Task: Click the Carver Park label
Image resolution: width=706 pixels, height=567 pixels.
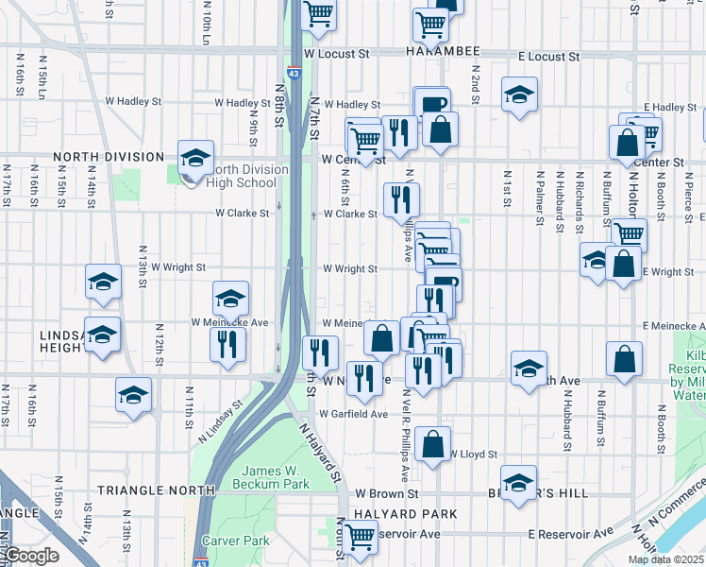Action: (242, 541)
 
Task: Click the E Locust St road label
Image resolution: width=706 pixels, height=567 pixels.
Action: (547, 57)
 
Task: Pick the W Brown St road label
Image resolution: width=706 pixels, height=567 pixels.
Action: (387, 493)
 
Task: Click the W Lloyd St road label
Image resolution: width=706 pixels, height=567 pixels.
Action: (474, 455)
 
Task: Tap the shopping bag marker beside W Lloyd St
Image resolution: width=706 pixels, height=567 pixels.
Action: (432, 445)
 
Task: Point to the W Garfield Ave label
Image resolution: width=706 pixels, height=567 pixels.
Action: (353, 414)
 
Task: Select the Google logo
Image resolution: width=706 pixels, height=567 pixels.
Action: (31, 556)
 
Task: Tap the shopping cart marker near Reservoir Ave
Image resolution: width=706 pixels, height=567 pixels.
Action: (360, 537)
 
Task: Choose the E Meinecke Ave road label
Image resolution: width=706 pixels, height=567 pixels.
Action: (674, 326)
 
